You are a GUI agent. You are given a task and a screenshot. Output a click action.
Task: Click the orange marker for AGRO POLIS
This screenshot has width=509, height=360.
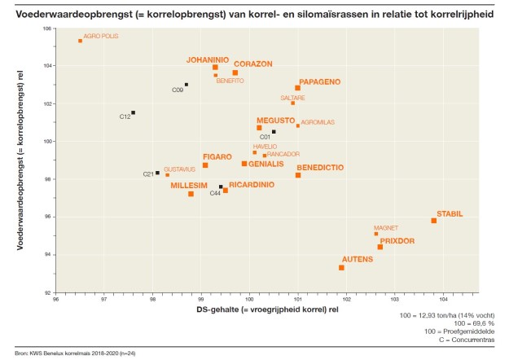click(80, 41)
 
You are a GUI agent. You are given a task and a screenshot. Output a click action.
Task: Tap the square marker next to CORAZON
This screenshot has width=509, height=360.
click(235, 73)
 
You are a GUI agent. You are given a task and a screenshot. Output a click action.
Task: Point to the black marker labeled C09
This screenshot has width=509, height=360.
click(186, 85)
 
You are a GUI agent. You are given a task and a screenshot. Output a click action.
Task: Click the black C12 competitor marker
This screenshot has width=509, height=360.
click(134, 112)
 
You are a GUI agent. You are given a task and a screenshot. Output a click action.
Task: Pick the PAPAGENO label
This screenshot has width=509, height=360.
click(319, 81)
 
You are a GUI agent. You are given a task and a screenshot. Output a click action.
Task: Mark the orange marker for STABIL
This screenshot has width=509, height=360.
click(434, 221)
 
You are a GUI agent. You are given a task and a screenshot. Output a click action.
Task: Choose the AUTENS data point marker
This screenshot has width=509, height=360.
click(341, 267)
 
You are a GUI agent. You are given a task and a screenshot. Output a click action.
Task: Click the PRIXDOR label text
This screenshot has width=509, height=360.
click(397, 241)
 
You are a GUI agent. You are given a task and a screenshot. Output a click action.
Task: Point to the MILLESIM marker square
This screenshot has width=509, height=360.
click(191, 194)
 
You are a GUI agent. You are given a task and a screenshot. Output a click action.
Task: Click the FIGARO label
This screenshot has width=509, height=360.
click(217, 156)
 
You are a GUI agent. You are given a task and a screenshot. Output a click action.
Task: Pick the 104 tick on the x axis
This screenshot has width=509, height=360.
click(442, 299)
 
